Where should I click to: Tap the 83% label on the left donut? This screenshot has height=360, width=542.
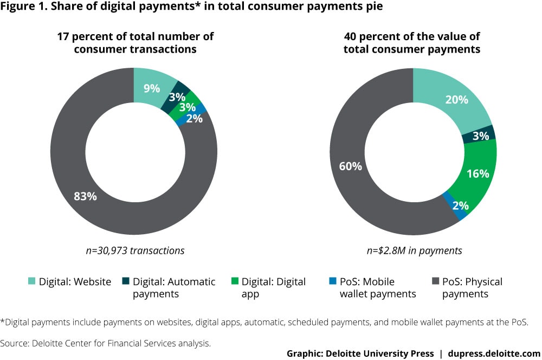pos(85,196)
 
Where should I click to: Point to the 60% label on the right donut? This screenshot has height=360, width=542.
pos(350,166)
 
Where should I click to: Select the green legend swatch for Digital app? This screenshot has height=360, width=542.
pos(234,282)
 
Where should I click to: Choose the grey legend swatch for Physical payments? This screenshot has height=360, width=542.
pos(435,282)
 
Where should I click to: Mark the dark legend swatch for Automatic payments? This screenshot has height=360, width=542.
pos(125,282)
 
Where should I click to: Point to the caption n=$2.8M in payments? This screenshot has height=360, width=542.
pos(413,250)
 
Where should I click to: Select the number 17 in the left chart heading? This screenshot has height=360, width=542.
pos(64,37)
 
